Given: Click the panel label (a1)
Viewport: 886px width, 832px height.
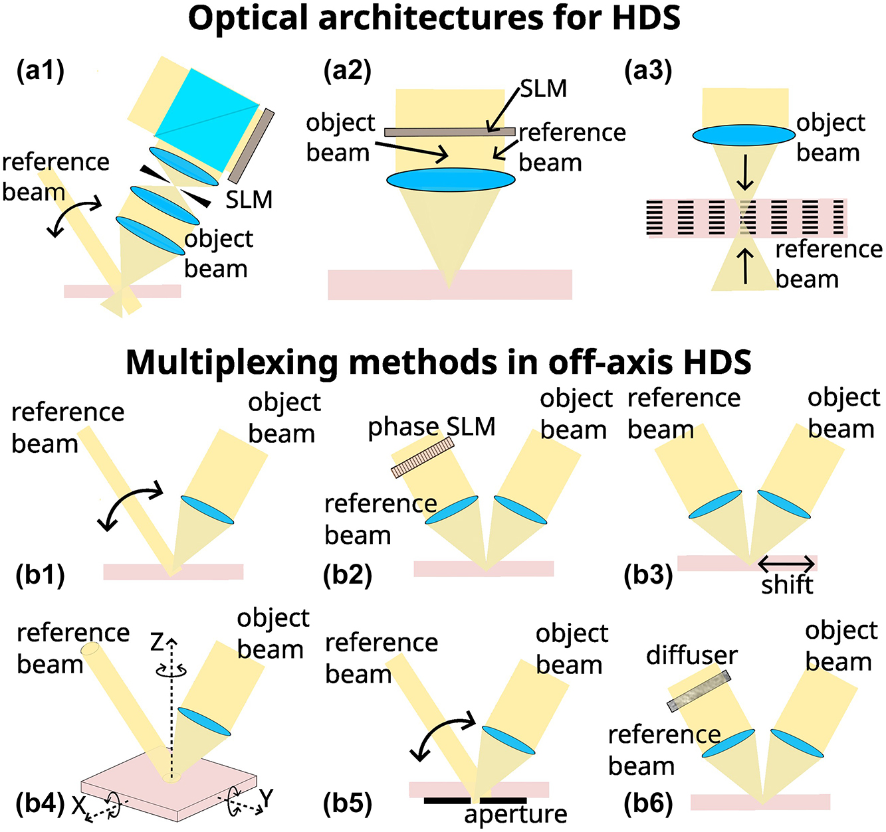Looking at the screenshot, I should tap(40, 71).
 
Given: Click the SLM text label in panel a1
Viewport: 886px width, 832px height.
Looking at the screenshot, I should tap(249, 199).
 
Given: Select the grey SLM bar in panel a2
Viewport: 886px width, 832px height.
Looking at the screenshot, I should tap(449, 132).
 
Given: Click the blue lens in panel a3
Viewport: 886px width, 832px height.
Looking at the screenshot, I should tap(744, 135).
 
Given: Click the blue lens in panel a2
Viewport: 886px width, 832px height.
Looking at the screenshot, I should tap(451, 180).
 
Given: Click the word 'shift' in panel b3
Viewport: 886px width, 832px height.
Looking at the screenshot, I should tap(787, 585).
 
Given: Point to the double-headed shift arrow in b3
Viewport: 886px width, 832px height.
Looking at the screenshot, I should tap(786, 565).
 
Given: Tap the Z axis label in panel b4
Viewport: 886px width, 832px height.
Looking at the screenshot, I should tap(157, 642).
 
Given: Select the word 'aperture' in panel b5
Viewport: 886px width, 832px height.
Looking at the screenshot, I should tap(516, 814).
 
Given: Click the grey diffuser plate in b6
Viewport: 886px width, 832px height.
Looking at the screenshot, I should tap(699, 691).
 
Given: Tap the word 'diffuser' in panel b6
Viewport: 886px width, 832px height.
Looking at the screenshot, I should tap(691, 655).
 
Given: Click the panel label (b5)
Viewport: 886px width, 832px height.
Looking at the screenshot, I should tap(347, 803).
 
